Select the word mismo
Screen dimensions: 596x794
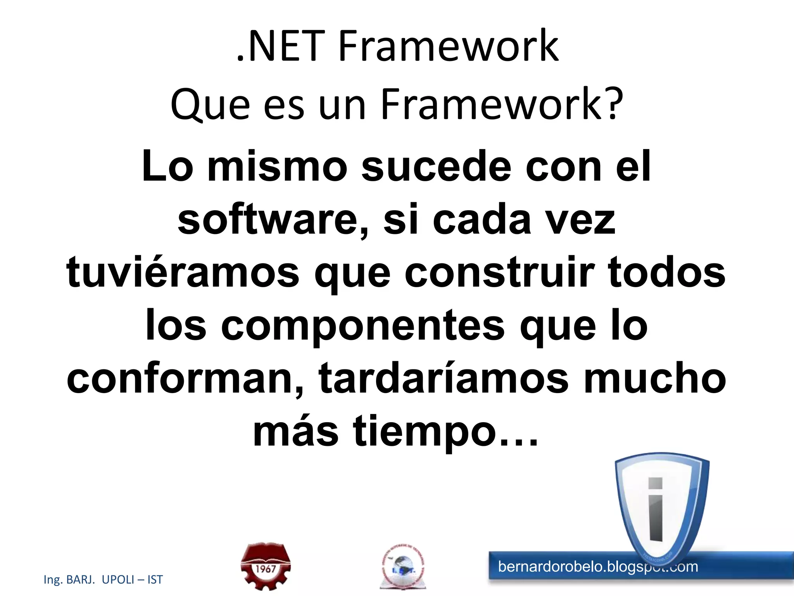point(277,167)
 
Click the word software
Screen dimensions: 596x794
point(268,220)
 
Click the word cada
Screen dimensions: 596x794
point(481,220)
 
